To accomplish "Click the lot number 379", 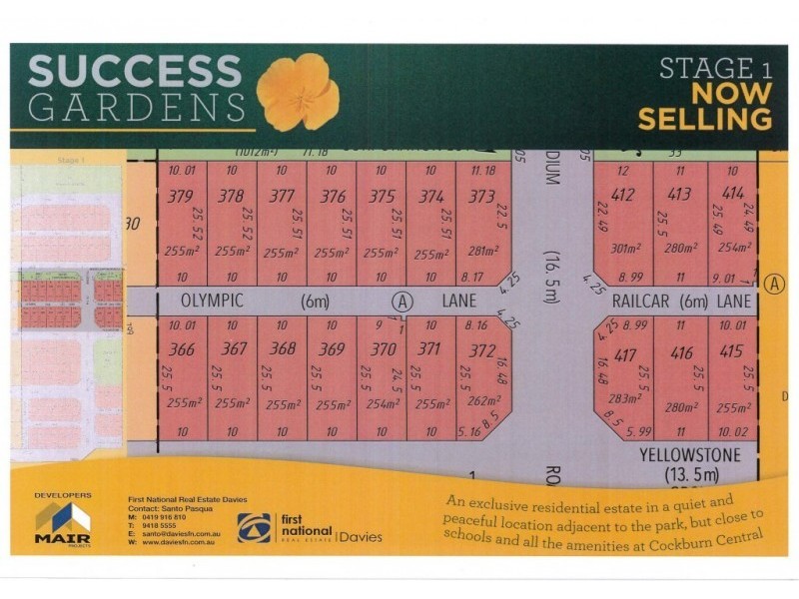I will (x=181, y=197).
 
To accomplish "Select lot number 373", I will (x=481, y=197).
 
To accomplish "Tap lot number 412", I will (x=624, y=195).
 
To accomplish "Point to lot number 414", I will (x=733, y=193).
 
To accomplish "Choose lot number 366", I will (x=182, y=348).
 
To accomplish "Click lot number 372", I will (x=481, y=349).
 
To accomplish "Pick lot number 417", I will (x=626, y=353).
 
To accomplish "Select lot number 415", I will (x=731, y=351).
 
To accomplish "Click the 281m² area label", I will (x=482, y=252).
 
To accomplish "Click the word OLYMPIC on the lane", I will (x=213, y=299).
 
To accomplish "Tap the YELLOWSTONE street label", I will (x=690, y=454).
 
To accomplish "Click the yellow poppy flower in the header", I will (x=298, y=92).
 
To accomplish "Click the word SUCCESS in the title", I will (x=135, y=72).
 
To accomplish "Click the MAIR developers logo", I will (x=62, y=521).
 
